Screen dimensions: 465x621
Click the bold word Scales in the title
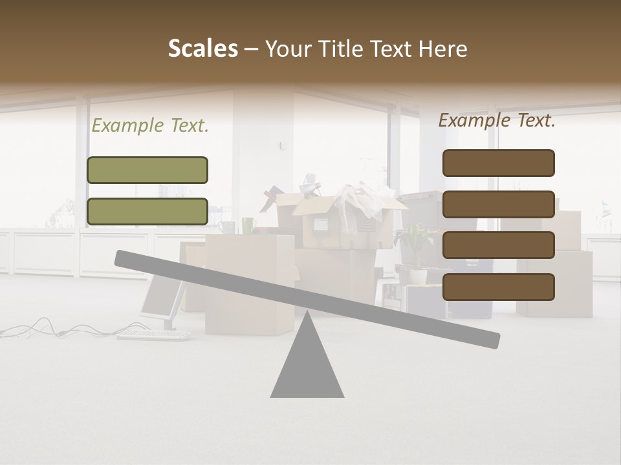pos(202,49)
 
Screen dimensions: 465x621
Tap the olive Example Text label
pos(150,126)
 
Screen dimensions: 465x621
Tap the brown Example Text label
pos(497,120)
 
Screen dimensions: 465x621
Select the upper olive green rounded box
pos(147,170)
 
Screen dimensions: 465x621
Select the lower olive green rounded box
pos(147,211)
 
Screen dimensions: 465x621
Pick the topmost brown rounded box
pos(498,163)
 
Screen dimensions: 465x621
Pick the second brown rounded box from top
pos(498,204)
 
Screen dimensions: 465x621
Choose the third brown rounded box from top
pos(498,245)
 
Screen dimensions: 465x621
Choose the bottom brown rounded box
pos(498,287)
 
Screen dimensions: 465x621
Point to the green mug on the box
pos(248,225)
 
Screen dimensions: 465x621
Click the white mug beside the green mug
pos(226,227)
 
